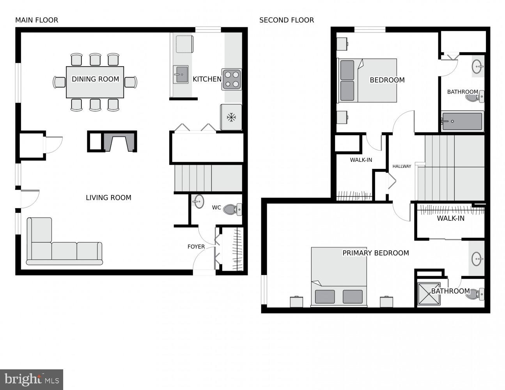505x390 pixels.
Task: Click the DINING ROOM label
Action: (95, 79)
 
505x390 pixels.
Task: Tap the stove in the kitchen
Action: (232, 79)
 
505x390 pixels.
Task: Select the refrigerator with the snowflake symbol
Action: (231, 117)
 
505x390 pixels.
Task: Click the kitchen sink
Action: (181, 74)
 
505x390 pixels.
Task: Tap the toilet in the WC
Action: (233, 209)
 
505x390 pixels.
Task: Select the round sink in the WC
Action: (198, 202)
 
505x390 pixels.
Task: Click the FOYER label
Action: (196, 246)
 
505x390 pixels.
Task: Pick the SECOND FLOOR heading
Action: (286, 20)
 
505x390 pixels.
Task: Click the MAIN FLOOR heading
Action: (37, 20)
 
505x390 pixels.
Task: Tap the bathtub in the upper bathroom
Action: (462, 121)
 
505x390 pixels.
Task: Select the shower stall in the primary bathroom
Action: (429, 294)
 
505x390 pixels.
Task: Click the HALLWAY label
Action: (402, 167)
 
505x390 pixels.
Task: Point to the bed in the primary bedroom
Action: (338, 277)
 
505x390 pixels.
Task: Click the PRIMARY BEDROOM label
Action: (376, 253)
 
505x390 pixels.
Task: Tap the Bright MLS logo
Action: (32, 379)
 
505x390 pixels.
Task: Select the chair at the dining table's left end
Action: (60, 82)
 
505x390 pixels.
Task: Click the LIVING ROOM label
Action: (108, 198)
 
